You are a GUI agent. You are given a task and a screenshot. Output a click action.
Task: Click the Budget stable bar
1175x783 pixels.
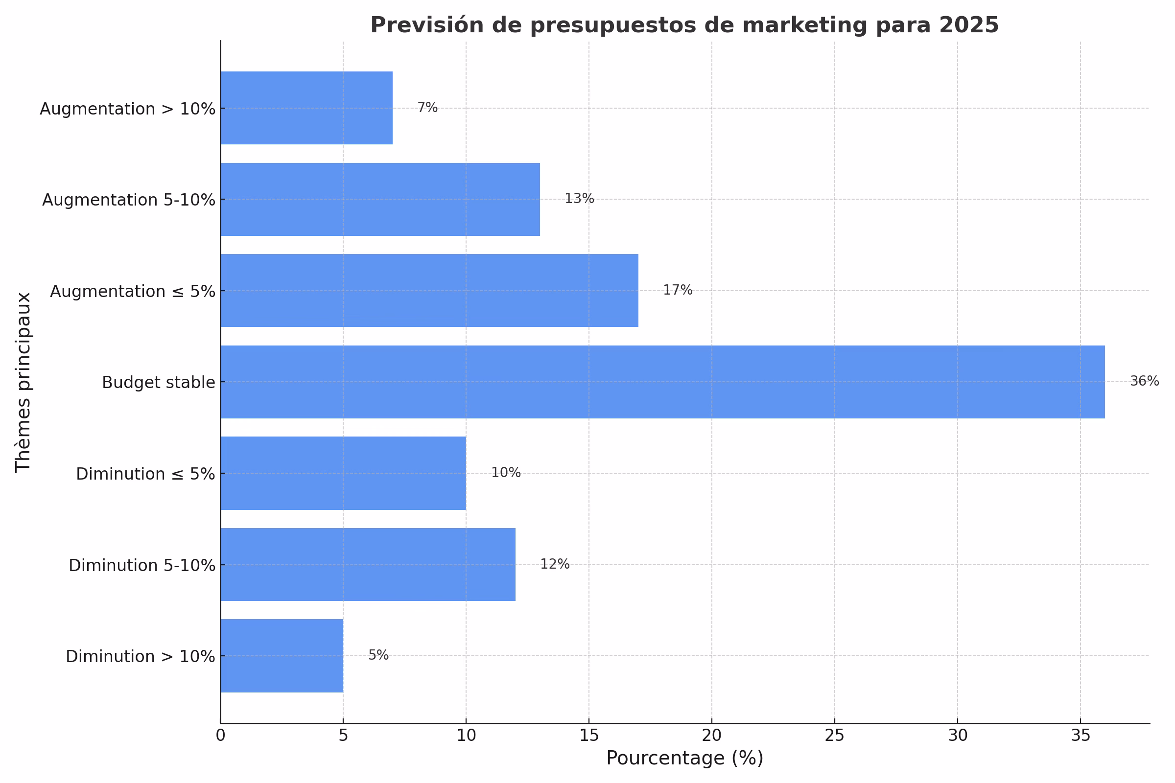pyautogui.click(x=662, y=382)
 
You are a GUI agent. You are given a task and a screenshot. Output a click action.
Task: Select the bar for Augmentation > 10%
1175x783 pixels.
pyautogui.click(x=306, y=108)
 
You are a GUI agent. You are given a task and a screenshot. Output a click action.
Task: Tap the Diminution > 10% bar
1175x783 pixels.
pyautogui.click(x=282, y=656)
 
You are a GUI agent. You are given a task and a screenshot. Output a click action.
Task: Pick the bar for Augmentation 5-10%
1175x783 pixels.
pyautogui.click(x=380, y=199)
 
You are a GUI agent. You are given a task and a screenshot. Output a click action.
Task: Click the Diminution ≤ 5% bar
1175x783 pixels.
pyautogui.click(x=343, y=473)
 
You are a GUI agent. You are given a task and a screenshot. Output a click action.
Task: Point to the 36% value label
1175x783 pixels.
pyautogui.click(x=1144, y=382)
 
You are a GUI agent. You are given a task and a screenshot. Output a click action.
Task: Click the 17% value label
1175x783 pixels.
pyautogui.click(x=678, y=290)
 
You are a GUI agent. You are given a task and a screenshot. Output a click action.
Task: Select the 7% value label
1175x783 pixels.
pyautogui.click(x=427, y=107)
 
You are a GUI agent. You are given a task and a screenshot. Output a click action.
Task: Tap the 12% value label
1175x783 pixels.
pyautogui.click(x=555, y=564)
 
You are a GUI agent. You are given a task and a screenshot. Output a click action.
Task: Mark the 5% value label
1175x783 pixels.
pyautogui.click(x=378, y=655)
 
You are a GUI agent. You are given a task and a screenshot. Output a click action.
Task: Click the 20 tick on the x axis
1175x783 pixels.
pyautogui.click(x=711, y=736)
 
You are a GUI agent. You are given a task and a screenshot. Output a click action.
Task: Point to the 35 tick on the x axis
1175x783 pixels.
pyautogui.click(x=1080, y=736)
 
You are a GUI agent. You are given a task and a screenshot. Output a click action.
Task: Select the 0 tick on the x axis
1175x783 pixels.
pyautogui.click(x=220, y=736)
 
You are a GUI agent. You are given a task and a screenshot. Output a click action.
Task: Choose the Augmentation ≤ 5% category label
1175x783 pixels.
pyautogui.click(x=132, y=291)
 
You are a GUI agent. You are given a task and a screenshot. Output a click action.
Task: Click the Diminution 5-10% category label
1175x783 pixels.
pyautogui.click(x=142, y=565)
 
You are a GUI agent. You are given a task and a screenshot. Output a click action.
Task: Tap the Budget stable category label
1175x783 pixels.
pyautogui.click(x=158, y=383)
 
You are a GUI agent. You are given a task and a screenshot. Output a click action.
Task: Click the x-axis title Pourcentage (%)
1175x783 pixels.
pyautogui.click(x=684, y=758)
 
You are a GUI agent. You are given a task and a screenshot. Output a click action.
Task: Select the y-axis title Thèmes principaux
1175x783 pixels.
pyautogui.click(x=23, y=382)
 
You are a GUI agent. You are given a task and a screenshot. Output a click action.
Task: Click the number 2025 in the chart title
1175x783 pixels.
pyautogui.click(x=969, y=25)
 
